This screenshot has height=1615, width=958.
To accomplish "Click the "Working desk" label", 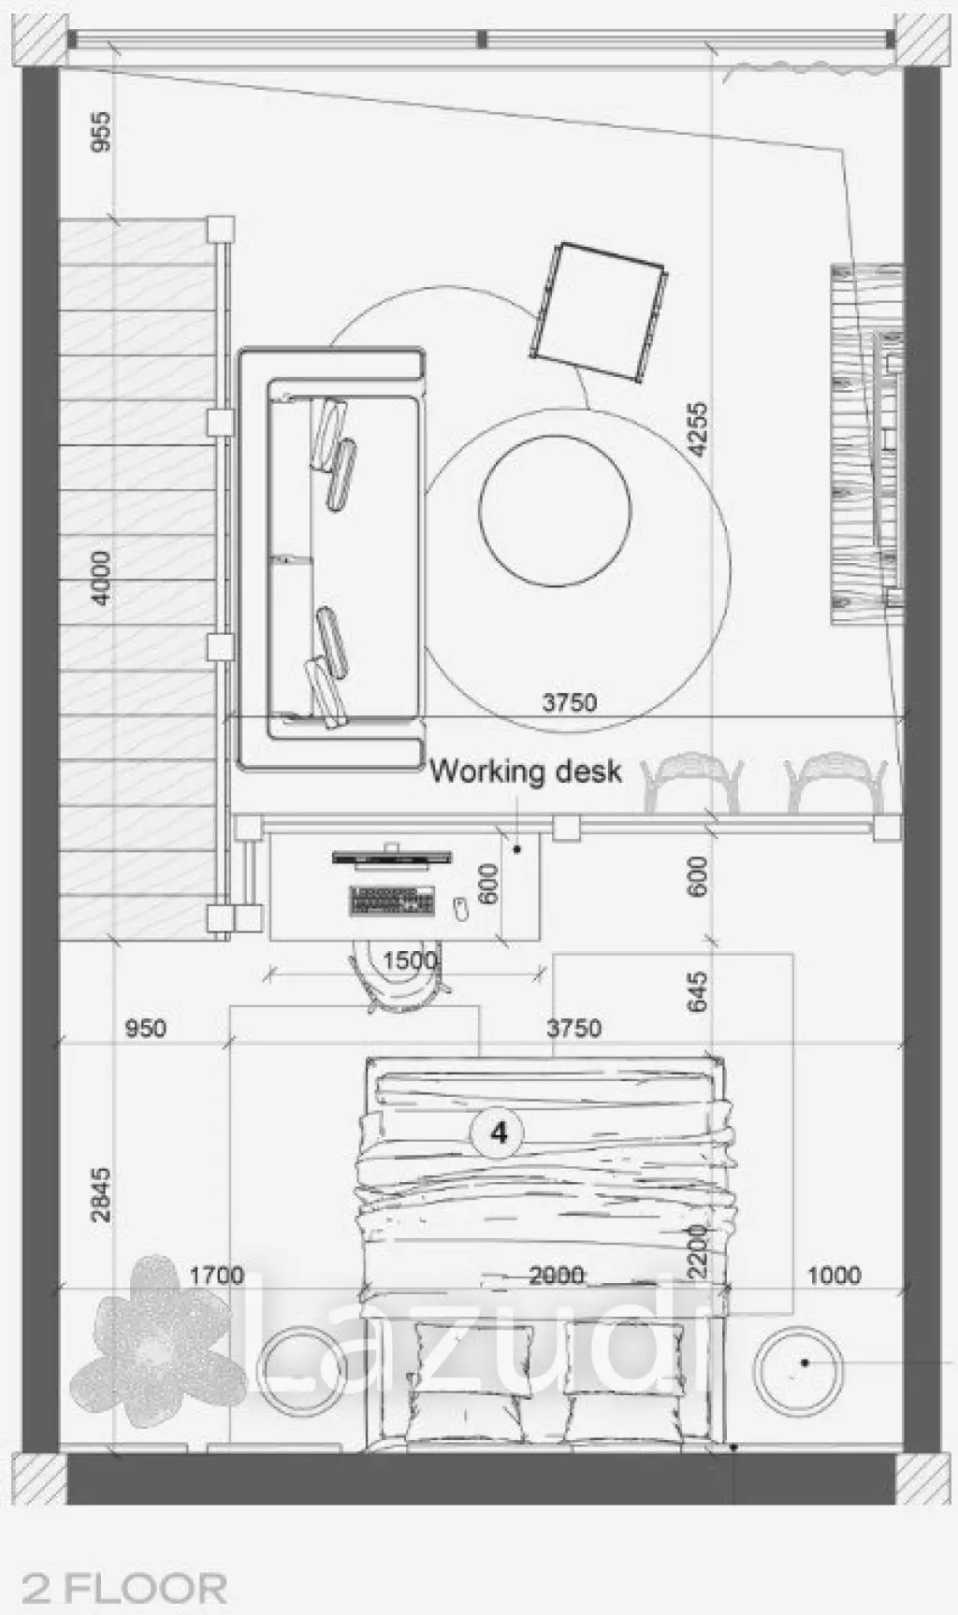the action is click(526, 771).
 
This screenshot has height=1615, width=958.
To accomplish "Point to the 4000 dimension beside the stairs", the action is click(99, 577).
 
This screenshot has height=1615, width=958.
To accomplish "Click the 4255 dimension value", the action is click(697, 429).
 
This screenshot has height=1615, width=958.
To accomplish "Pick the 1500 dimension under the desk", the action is click(410, 960).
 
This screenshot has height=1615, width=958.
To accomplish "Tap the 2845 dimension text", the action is click(99, 1194).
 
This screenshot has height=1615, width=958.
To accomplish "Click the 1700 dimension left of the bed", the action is click(216, 1276).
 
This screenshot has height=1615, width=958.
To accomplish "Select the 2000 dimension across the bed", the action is click(557, 1276).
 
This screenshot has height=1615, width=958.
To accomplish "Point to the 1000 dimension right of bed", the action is click(834, 1276).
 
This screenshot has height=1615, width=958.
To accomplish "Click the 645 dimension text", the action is click(697, 992).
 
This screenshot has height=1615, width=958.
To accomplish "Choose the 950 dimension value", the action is click(145, 1029).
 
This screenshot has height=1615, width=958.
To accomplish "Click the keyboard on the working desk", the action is click(393, 901).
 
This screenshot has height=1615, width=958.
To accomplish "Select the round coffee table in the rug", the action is click(555, 510).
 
